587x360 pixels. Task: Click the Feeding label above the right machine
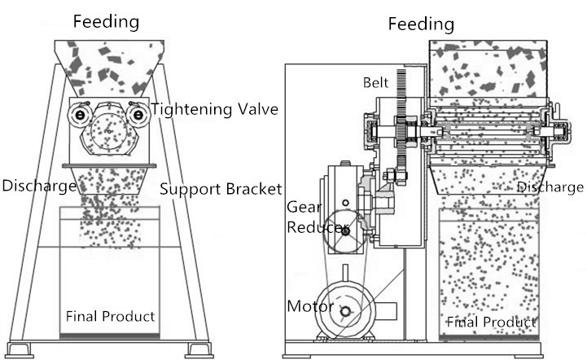(x=420, y=24)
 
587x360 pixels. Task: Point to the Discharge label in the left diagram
(x=38, y=186)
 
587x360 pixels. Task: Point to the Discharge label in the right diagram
(x=550, y=187)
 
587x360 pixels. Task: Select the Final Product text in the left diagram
(x=110, y=316)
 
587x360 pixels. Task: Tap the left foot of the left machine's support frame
(x=20, y=350)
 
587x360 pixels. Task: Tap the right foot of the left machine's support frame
(x=200, y=350)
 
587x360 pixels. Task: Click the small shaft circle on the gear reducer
(x=346, y=231)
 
